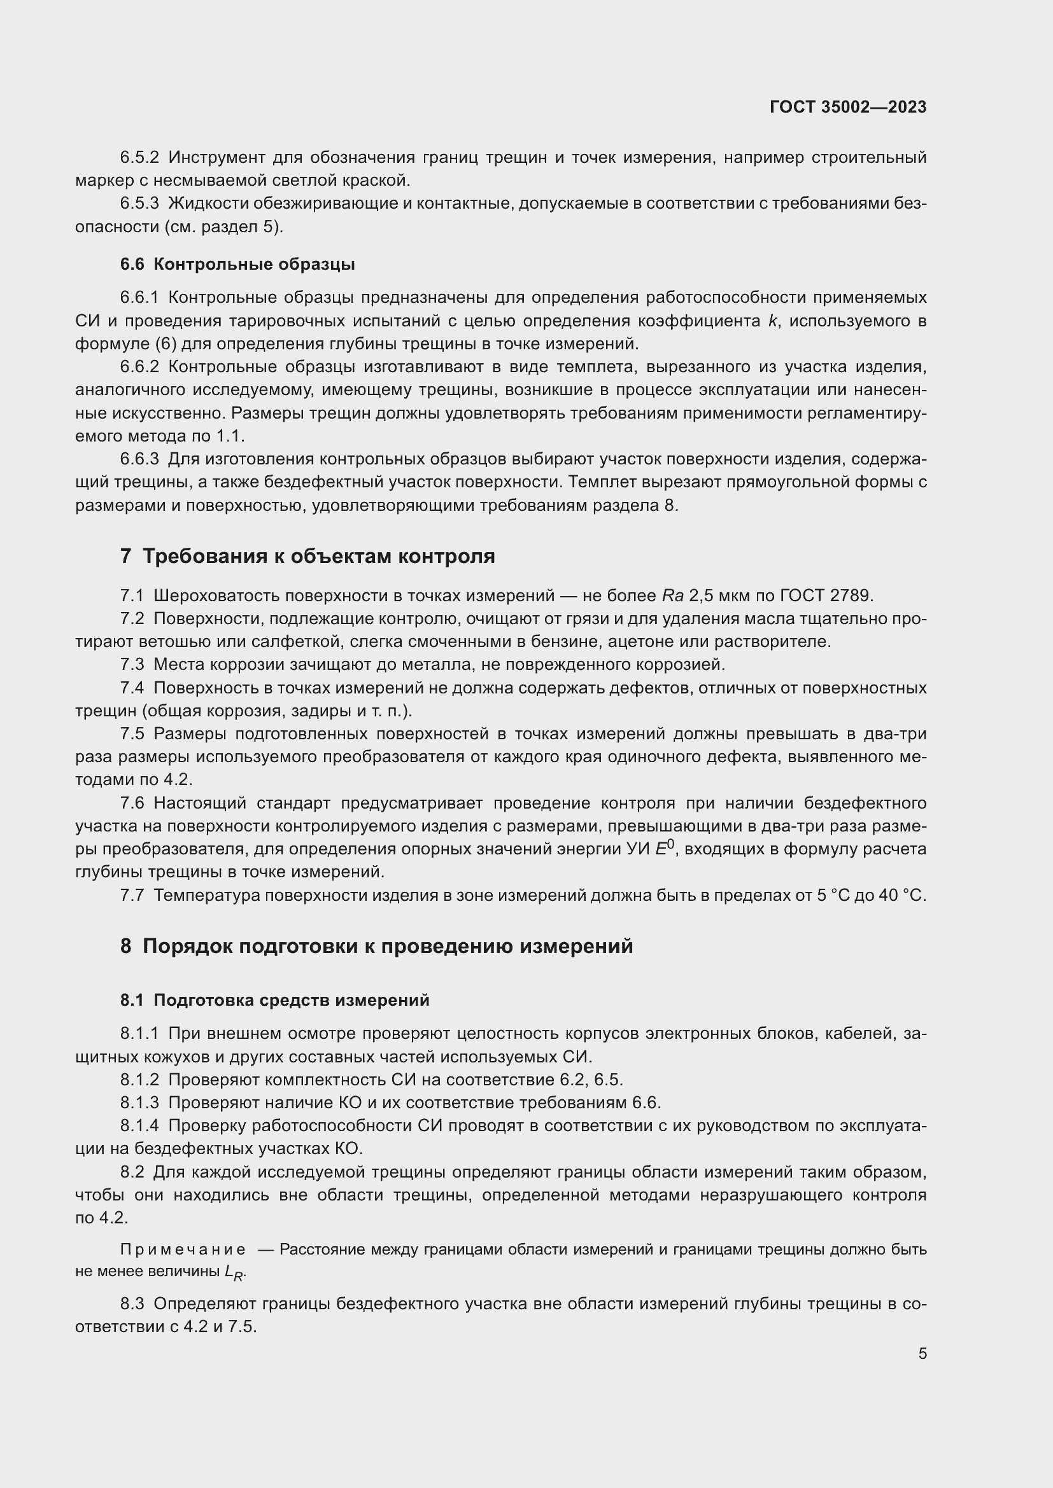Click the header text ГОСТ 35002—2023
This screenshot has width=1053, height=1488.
848,107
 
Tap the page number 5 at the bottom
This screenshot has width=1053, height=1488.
922,1353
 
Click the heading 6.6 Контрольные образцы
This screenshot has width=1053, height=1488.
237,265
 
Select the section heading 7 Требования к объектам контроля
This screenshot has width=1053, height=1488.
307,556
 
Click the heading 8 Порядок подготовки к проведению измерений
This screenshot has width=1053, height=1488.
376,946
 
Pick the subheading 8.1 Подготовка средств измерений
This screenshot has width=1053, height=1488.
275,1000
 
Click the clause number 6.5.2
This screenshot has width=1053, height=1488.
139,158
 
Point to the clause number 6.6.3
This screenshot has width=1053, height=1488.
139,459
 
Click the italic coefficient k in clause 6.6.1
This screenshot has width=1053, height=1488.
772,321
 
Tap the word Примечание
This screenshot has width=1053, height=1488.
183,1249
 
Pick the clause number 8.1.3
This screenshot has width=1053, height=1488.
139,1102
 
